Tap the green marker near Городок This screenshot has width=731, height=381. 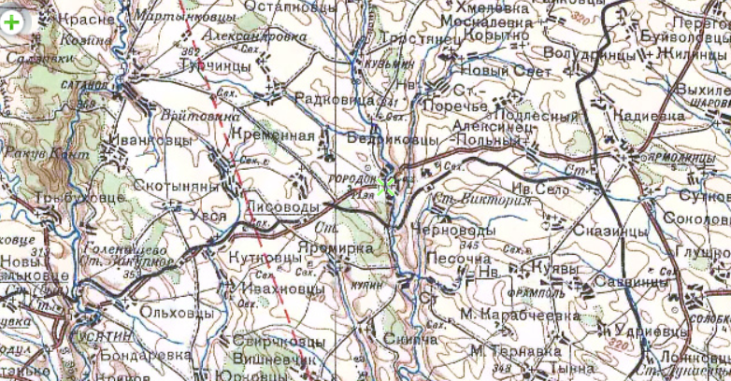pyautogui.click(x=385, y=186)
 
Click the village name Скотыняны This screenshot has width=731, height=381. pyautogui.click(x=176, y=187)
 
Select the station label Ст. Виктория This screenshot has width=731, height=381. pyautogui.click(x=476, y=199)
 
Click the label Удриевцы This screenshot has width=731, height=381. pyautogui.click(x=651, y=331)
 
